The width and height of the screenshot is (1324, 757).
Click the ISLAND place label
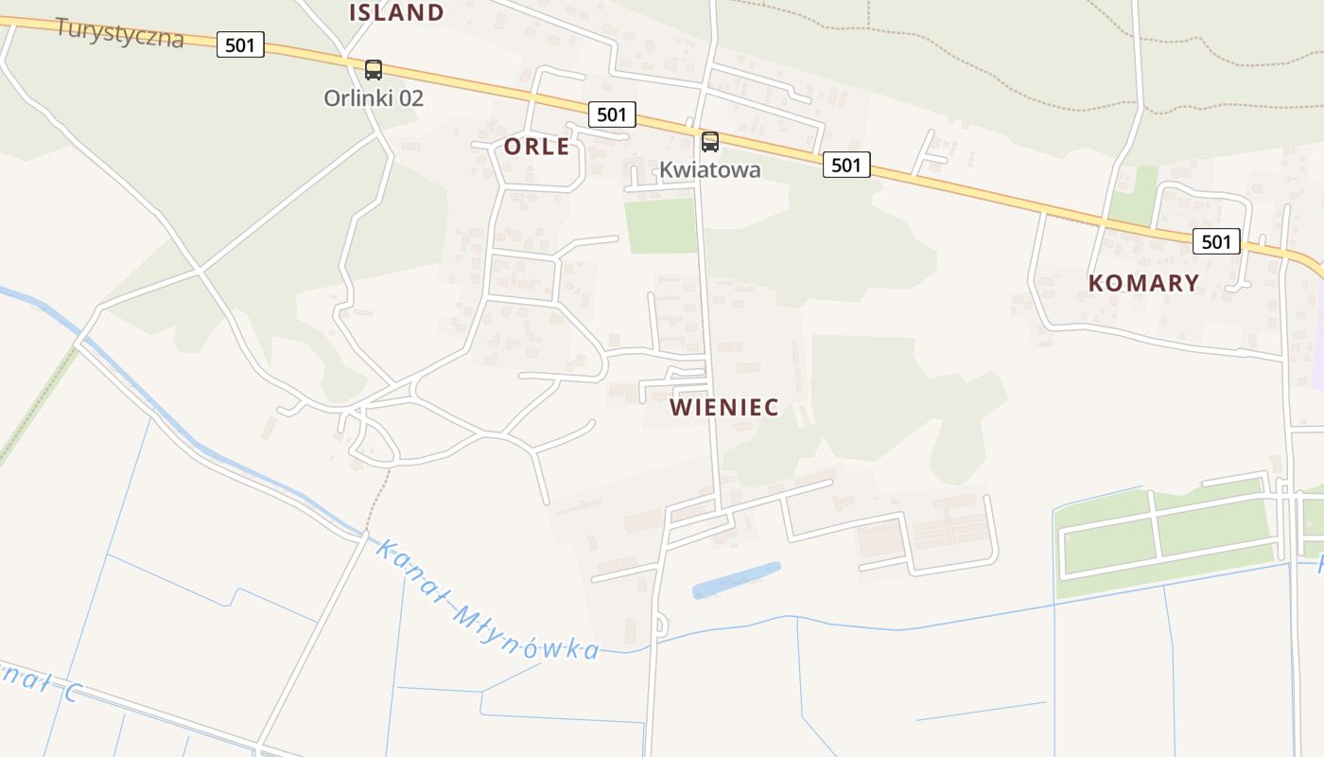396,12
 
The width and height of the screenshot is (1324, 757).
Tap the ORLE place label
536,147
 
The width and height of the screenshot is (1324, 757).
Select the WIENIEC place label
724,408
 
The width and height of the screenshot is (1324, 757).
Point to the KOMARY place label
1143,283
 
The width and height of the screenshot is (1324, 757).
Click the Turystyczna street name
119,32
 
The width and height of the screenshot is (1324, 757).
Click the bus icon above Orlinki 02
374,69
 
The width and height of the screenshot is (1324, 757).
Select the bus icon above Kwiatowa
709,142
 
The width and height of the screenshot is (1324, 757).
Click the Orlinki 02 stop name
374,97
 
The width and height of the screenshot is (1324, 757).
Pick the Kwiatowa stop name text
709,170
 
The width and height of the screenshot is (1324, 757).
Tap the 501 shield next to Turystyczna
240,44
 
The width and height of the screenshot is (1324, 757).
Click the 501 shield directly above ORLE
612,114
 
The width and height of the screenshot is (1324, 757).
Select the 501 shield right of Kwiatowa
845,165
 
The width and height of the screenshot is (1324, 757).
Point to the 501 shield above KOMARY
1215,241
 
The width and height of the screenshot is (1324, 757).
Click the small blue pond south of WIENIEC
737,580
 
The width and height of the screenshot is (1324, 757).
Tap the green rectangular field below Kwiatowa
661,226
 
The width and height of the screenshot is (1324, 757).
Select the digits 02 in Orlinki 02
410,97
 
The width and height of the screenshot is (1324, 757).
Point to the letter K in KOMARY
1097,283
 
